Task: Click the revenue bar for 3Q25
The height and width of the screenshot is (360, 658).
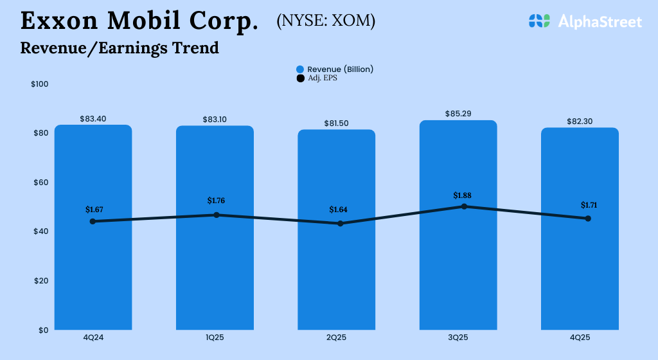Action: pos(458,270)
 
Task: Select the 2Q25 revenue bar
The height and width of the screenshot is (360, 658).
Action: pos(336,276)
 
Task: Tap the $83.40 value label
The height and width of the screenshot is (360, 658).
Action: pos(93,119)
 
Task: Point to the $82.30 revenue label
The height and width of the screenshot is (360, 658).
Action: pos(580,122)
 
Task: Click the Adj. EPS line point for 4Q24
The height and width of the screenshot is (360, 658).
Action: pos(93,221)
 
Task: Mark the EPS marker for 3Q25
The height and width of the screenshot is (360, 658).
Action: pos(465,206)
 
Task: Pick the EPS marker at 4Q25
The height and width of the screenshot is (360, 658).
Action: pos(588,219)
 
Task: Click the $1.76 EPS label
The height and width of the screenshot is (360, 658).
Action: pos(216,201)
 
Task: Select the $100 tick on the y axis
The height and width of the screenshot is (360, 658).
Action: pos(40,84)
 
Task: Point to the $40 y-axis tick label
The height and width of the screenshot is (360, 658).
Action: pos(40,231)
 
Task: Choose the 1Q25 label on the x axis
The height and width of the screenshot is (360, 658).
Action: pos(215,337)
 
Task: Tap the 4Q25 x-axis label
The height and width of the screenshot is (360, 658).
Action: pos(580,337)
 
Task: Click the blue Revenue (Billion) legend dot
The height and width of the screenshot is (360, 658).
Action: pos(299,69)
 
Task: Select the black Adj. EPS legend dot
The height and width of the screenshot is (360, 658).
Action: pos(299,78)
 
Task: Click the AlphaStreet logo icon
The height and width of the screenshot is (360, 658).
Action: pos(540,21)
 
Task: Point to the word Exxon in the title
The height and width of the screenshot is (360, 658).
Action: pos(58,21)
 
